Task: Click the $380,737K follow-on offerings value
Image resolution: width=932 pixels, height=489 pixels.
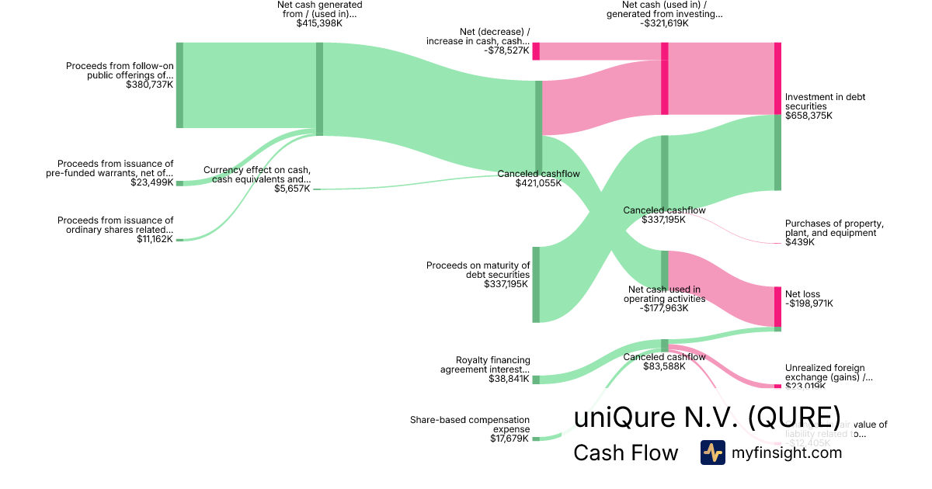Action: point(149,85)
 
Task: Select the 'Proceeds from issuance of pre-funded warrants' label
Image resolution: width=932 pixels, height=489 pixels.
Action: point(115,168)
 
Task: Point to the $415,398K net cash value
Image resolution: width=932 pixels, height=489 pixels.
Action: point(319,23)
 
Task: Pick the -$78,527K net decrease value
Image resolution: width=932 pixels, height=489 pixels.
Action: point(506,51)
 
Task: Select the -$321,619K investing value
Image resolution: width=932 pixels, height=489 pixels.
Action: point(664,23)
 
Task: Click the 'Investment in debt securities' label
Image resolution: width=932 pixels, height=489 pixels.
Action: point(825,97)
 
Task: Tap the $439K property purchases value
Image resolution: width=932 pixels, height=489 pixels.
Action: point(800,242)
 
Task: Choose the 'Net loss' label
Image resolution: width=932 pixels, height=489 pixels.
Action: point(802,294)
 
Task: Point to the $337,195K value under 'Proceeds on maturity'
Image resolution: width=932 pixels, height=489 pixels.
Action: point(506,284)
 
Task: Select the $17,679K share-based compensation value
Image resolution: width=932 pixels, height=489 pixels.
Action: point(509,439)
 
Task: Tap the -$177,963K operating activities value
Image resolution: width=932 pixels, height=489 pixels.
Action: point(664,308)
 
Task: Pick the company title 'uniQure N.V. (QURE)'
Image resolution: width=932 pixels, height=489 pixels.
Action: point(707,418)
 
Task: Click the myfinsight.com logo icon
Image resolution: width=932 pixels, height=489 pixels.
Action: point(712,453)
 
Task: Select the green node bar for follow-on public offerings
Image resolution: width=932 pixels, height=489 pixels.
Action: point(179,85)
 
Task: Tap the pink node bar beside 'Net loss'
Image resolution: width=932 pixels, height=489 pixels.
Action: point(777,307)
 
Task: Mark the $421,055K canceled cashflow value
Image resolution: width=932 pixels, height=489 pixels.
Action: point(538,184)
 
